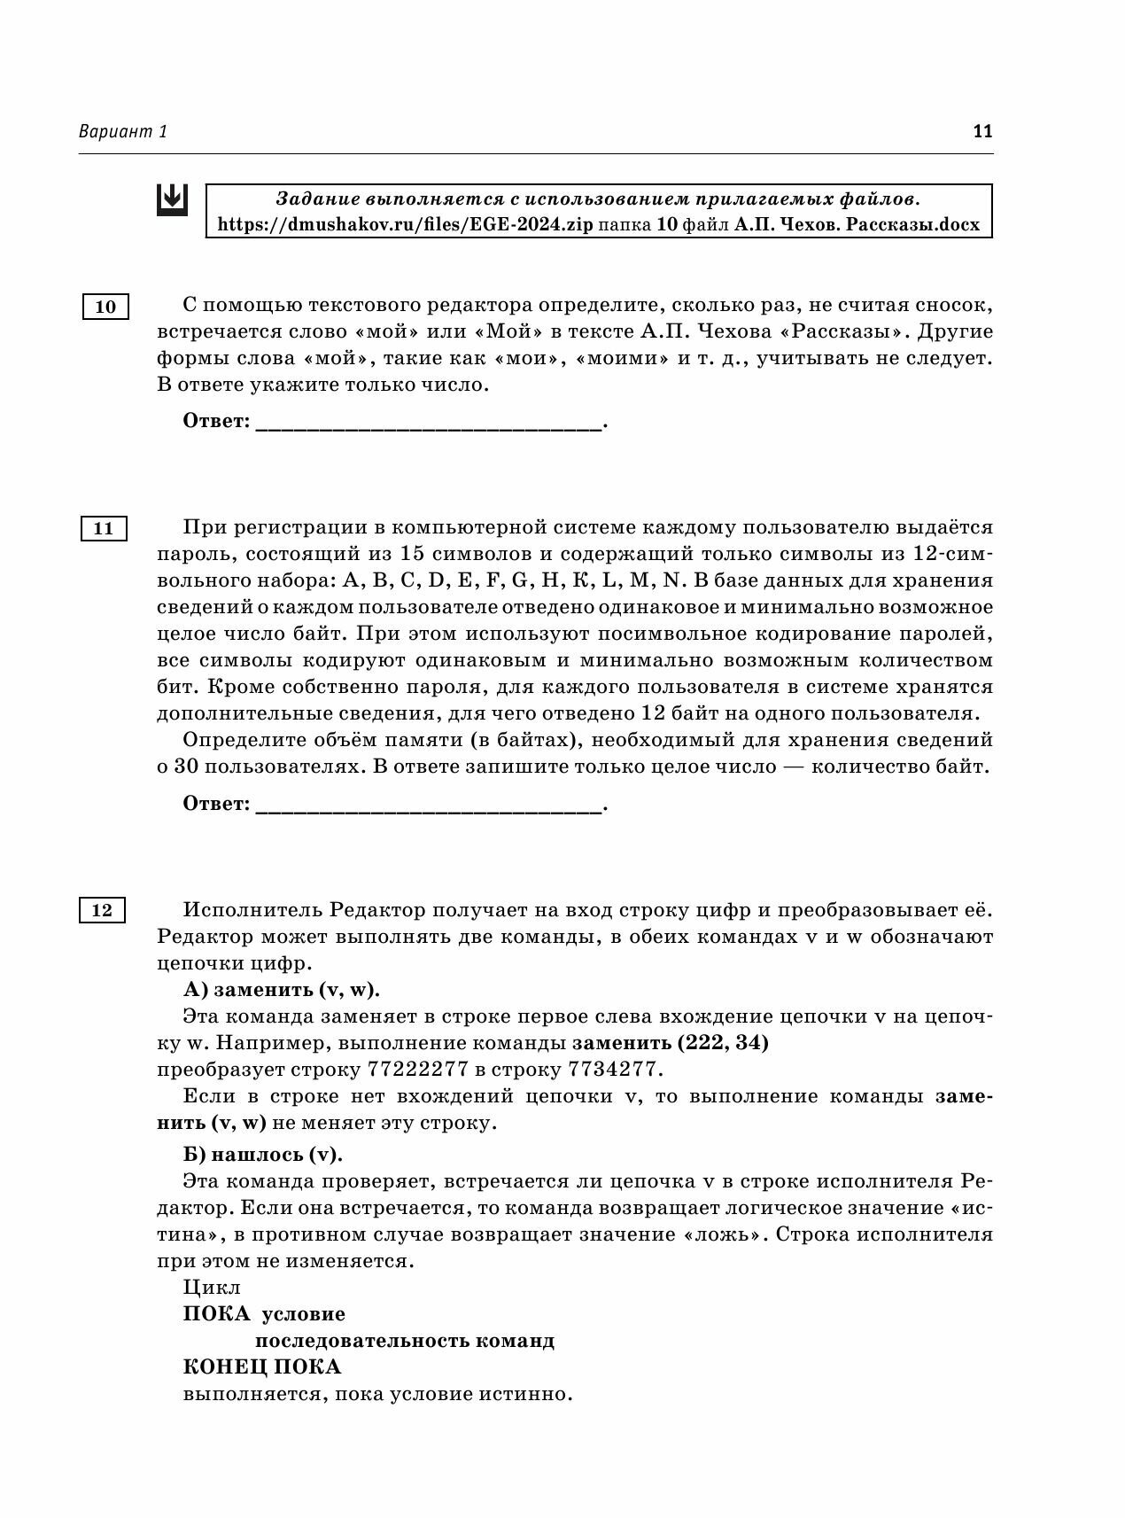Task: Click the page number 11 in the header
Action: (982, 132)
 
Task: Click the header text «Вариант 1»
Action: (122, 132)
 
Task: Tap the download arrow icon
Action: (172, 199)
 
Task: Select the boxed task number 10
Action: (105, 307)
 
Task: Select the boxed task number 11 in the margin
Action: (104, 528)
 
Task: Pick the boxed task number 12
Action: (102, 910)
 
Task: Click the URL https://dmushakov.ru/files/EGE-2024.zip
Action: (405, 224)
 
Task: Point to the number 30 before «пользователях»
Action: (186, 767)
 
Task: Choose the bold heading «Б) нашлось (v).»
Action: (262, 1155)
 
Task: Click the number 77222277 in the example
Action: (415, 1070)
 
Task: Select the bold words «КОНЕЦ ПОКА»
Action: (261, 1366)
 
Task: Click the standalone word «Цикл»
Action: (212, 1287)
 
